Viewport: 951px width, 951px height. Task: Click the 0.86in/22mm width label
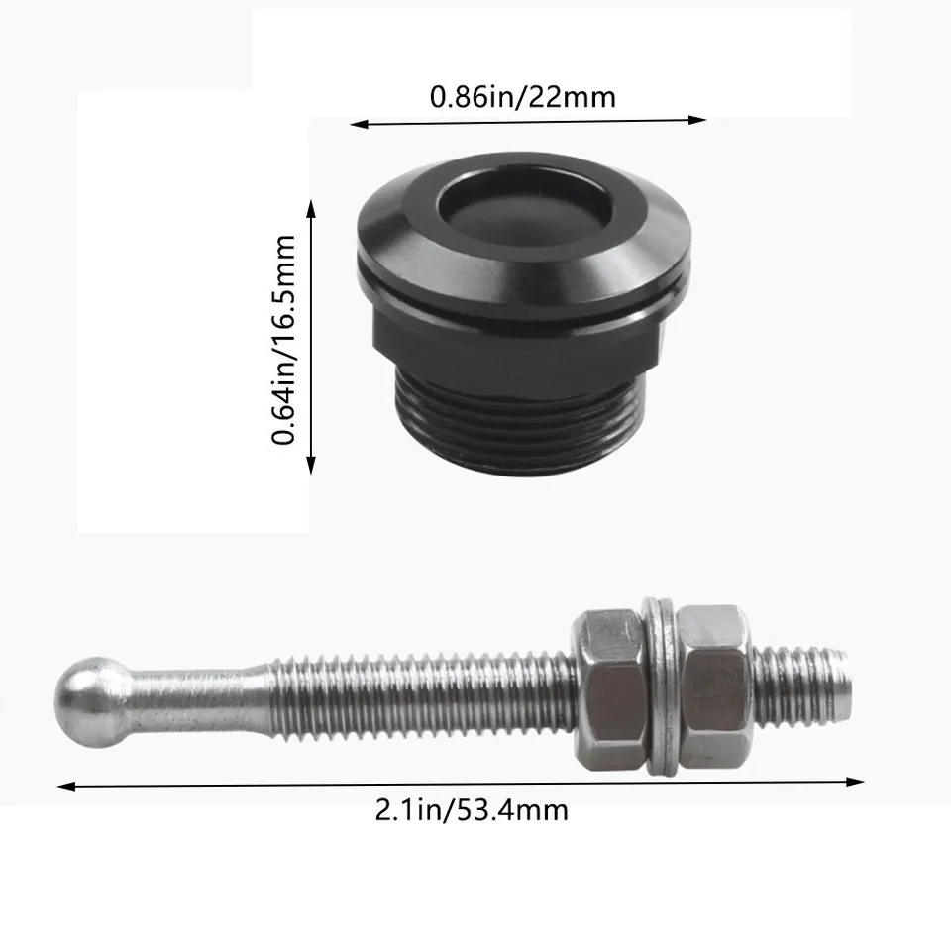pos(522,97)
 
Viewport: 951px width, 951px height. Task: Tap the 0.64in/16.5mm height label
pos(285,339)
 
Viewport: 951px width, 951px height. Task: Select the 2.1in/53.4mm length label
pos(472,809)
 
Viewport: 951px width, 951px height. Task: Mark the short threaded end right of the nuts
pos(800,684)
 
